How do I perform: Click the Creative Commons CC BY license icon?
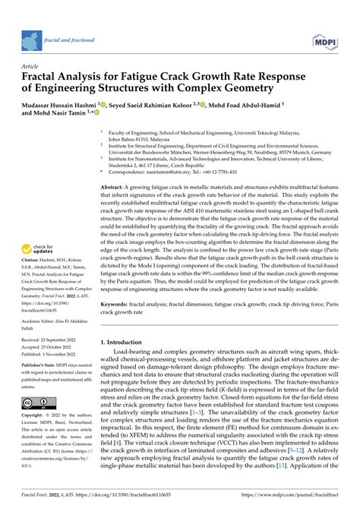(x=36, y=402)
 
